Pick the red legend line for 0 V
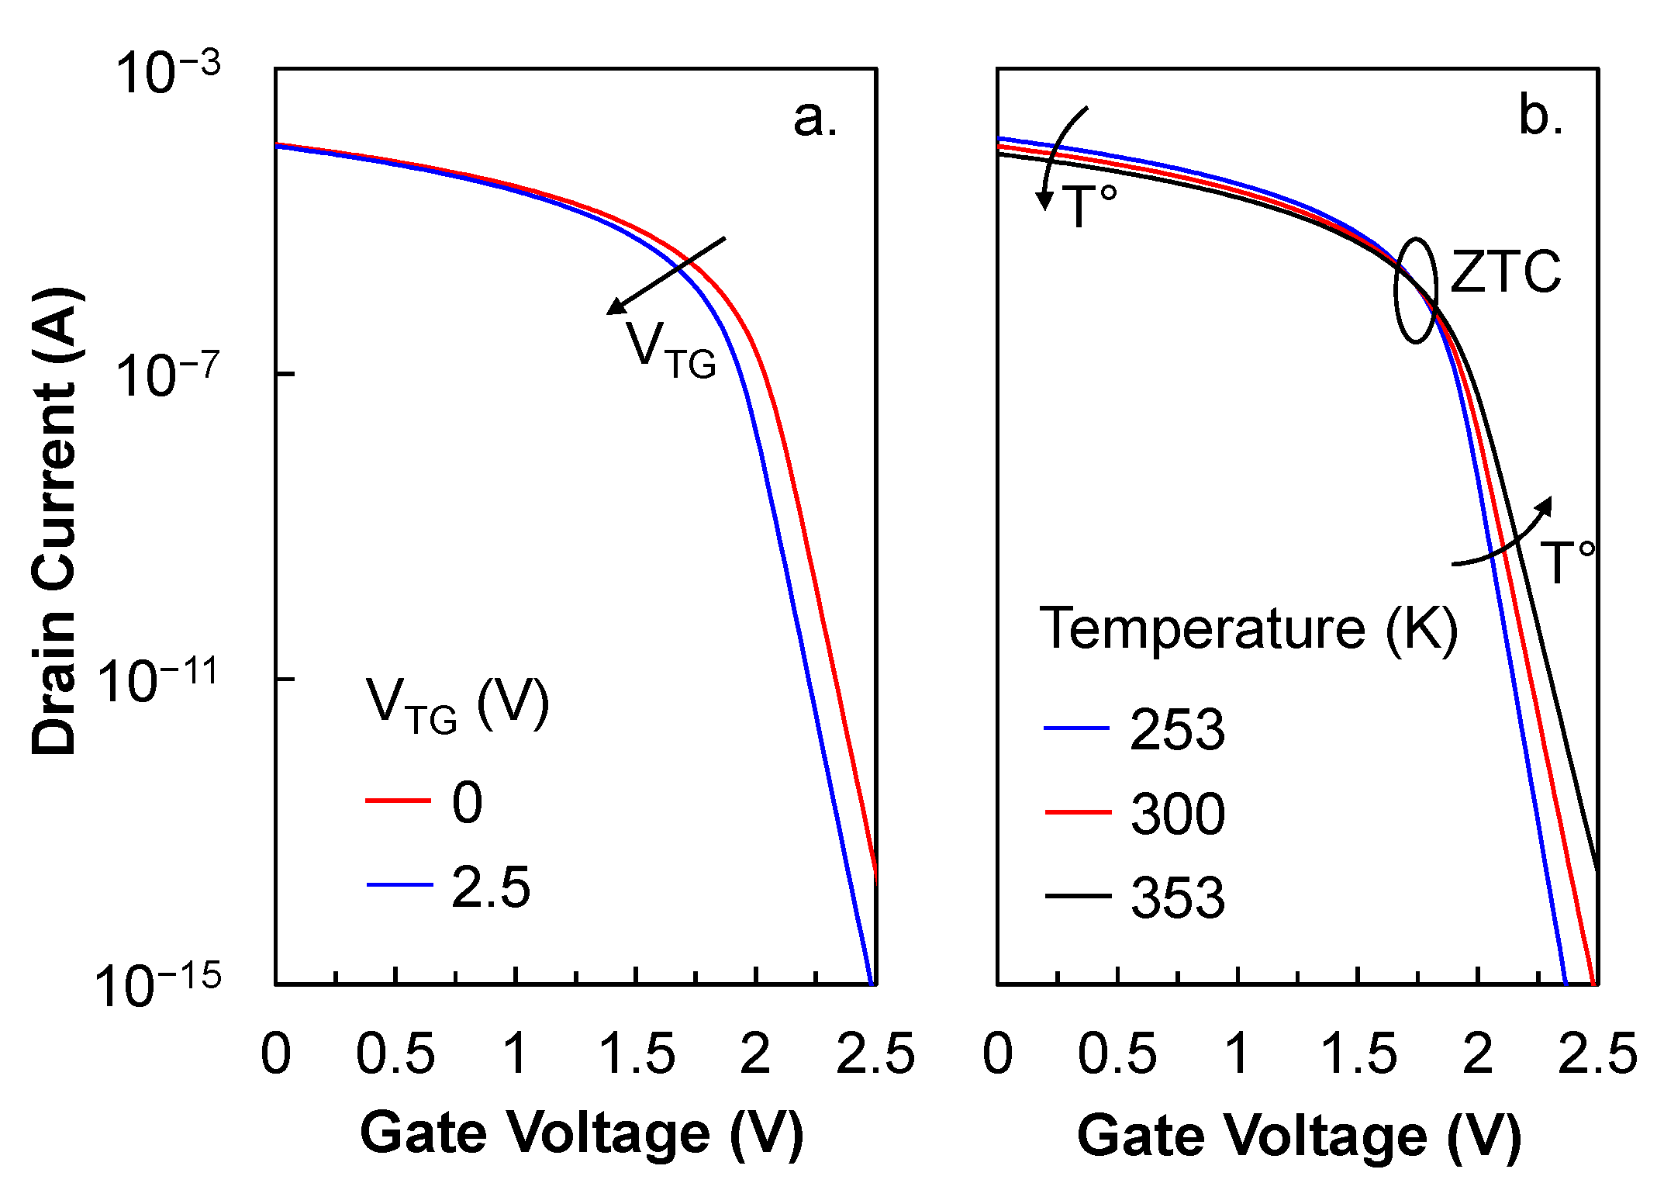399,800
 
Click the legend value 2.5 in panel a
491,887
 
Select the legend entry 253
1177,730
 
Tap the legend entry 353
1177,898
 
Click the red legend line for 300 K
1078,812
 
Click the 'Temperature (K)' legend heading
1248,628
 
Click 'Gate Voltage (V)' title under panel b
1299,1136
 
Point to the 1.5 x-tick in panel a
637,1055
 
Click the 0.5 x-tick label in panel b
1117,1055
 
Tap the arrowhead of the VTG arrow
615,307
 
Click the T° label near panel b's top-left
1089,206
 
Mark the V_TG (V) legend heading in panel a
457,704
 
